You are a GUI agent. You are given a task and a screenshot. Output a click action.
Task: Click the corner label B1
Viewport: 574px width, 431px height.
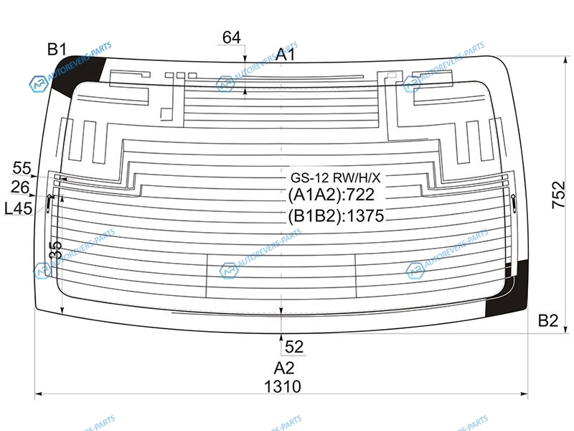coord(57,49)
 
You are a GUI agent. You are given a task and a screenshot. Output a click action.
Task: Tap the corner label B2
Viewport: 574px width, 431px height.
coord(547,320)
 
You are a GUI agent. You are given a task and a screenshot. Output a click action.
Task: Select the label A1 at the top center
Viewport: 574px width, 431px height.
coord(285,55)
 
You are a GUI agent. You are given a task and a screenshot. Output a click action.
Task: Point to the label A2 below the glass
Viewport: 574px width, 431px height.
coord(283,368)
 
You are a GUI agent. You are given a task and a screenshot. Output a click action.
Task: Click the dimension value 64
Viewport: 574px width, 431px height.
coord(232,37)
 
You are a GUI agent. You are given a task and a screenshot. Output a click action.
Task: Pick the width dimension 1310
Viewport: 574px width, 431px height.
coord(283,386)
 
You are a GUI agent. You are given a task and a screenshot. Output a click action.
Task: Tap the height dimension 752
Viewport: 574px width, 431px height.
coord(559,195)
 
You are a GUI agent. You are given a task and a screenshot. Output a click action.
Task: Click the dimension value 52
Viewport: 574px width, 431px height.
coord(294,347)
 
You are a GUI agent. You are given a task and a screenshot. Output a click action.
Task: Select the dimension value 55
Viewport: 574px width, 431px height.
coord(22,168)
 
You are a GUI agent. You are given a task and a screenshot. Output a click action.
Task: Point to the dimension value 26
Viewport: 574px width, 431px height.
coord(20,187)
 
